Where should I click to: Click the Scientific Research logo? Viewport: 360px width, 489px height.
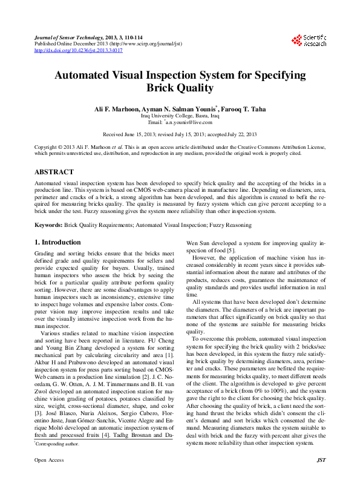coord(309,41)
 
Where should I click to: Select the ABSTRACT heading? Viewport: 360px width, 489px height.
coord(54,172)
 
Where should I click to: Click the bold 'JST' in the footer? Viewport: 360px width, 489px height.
coord(321,478)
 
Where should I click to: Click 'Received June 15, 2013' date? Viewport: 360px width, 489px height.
coord(129,134)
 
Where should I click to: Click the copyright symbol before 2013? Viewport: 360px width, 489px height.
coord(61,147)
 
